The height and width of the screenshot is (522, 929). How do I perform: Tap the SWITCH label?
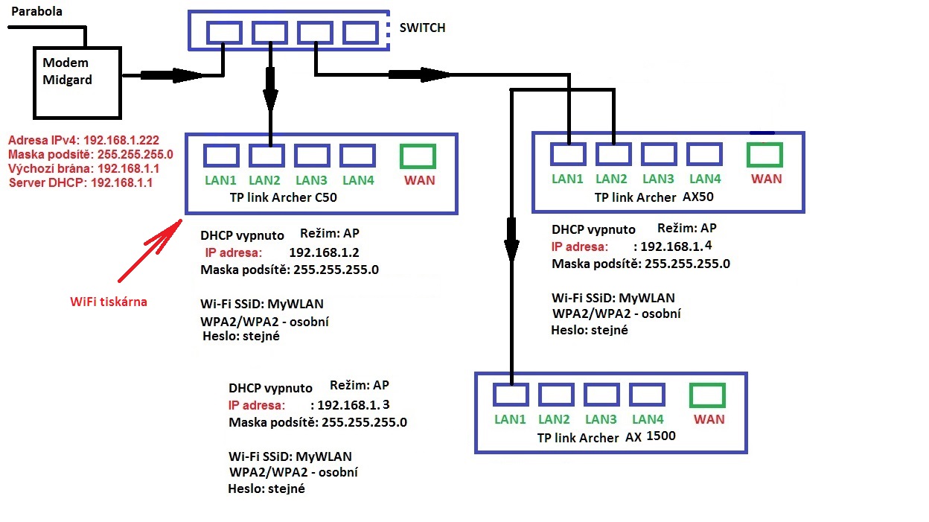tap(422, 28)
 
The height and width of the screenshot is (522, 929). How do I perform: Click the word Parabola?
tap(36, 12)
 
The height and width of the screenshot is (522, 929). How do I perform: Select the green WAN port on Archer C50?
tap(418, 156)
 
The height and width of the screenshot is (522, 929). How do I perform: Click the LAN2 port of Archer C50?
tap(266, 156)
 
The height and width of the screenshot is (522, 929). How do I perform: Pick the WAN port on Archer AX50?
tap(764, 153)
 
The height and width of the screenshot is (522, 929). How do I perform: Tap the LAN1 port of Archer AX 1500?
tap(511, 395)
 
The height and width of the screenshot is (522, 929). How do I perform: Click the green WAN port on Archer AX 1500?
tap(708, 395)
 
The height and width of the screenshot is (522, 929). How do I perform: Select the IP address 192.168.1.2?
tap(324, 252)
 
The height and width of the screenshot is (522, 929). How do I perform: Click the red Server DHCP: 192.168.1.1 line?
tap(80, 182)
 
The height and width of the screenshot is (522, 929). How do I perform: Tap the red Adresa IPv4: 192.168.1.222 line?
tap(83, 140)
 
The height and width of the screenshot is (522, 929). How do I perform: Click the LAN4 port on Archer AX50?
tap(704, 154)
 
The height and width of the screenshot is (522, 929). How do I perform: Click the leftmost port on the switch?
tap(224, 33)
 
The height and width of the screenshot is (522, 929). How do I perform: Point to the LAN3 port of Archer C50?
tap(312, 156)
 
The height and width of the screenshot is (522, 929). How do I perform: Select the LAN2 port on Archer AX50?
tap(613, 154)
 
